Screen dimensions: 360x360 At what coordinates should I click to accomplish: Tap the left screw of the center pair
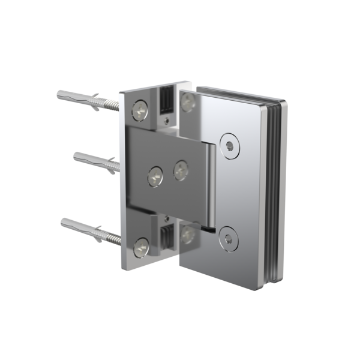click(x=155, y=175)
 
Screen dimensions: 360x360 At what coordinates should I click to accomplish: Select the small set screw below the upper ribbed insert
click(x=164, y=119)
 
